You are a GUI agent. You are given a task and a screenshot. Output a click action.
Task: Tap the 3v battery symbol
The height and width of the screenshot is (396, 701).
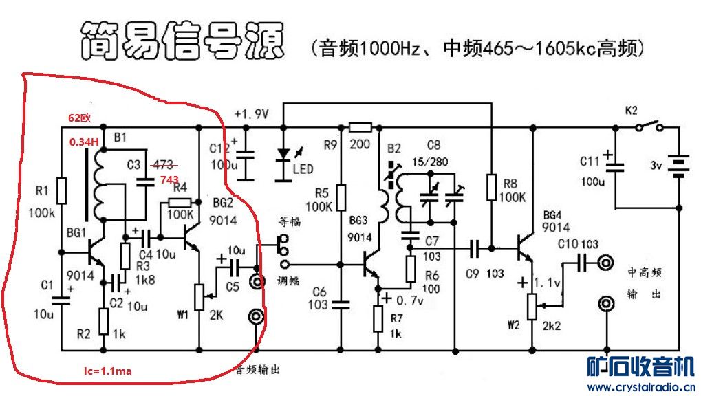coord(679,166)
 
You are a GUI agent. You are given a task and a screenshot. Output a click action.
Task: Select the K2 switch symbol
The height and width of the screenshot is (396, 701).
coord(649,126)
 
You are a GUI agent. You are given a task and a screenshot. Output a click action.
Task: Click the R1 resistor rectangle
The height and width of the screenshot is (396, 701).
coord(61,190)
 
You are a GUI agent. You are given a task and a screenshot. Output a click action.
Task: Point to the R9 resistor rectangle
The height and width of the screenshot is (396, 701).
coord(360,128)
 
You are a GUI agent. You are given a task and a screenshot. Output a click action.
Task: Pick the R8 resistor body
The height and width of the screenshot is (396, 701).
coord(491,187)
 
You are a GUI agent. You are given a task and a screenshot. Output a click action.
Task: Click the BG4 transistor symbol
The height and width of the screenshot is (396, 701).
coord(525,247)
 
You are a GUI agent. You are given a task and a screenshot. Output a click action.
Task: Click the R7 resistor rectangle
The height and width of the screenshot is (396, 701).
coord(378,319)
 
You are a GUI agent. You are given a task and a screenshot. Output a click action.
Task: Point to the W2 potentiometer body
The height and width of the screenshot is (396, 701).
coord(532,307)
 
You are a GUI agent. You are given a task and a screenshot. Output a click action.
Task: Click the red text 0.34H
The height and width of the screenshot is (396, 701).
coord(84,142)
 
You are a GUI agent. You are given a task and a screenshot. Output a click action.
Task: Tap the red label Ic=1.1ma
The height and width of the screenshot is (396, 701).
coord(108,371)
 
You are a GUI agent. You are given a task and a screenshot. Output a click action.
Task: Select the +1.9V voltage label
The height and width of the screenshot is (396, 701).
coord(251,114)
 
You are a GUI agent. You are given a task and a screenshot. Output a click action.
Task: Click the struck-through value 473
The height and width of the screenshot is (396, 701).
coord(163,166)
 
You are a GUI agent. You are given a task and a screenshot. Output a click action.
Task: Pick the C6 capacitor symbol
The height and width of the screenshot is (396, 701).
coord(341,305)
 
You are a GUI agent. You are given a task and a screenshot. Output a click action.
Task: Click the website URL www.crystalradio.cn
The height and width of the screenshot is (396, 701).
coord(641,387)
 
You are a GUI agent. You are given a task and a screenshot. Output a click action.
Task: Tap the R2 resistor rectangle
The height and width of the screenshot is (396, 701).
coord(104,321)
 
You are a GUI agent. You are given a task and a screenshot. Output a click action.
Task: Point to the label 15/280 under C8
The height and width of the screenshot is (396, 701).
coord(430,162)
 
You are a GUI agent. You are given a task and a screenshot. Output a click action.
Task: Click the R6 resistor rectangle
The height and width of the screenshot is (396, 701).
coord(411,269)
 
